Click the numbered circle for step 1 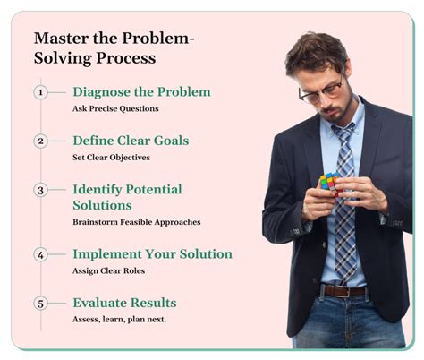[40, 92]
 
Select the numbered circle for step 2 [40, 141]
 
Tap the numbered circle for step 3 [40, 190]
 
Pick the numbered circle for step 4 [40, 254]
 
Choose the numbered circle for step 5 [40, 303]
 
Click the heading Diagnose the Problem [141, 92]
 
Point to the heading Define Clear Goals [131, 141]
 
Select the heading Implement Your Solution [152, 254]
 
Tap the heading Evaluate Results [124, 303]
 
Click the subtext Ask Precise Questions [115, 108]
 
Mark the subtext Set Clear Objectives [112, 158]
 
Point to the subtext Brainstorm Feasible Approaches [136, 222]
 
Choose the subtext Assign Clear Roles [108, 270]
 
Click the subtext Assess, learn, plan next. [118, 320]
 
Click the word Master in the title [58, 39]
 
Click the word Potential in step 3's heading [156, 190]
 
